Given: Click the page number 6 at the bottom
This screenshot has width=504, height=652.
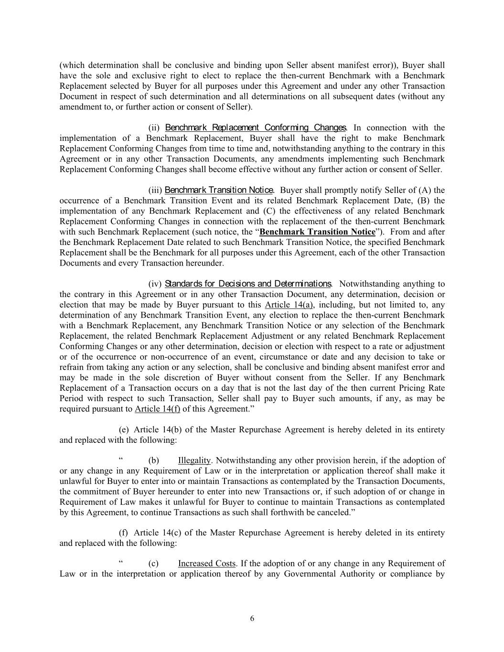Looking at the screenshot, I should tap(252, 619).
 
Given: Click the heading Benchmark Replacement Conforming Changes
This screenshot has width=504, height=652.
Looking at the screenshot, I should tap(255, 128).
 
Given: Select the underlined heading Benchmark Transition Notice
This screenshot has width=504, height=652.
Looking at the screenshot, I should tap(219, 190).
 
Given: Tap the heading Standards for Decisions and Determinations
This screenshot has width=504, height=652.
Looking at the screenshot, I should tap(248, 284).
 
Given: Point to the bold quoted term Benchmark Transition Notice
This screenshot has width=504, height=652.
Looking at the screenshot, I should tap(317, 232).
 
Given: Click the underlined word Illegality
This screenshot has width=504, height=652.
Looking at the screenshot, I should tap(194, 460).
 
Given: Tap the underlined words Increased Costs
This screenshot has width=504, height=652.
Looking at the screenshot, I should tap(206, 564).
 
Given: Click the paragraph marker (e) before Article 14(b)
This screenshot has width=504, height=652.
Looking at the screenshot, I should tap(123, 429).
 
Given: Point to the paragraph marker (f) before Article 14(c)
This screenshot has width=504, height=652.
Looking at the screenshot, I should tap(123, 533).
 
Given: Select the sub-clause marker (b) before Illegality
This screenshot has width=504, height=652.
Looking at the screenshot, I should tap(153, 460).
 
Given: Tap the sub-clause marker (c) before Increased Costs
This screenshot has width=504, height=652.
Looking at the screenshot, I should tap(153, 564).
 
